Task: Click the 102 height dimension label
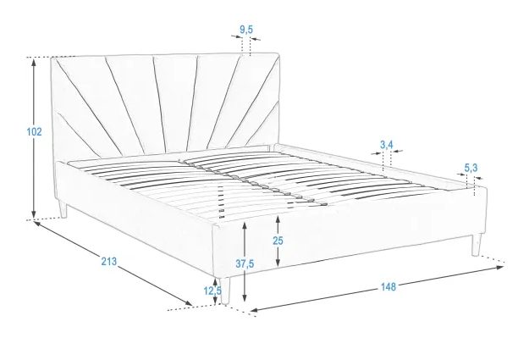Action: coord(34,131)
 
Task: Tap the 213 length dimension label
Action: coord(109,261)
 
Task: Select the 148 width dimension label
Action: coord(388,286)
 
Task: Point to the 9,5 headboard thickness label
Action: coord(246,30)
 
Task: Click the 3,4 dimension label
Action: coord(387,145)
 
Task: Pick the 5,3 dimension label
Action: coord(471,168)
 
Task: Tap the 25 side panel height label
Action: coord(278,241)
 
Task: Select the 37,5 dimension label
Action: coord(245,263)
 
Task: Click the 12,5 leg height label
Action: coord(212,291)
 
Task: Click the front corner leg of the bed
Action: coord(225,291)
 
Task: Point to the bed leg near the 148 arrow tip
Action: coord(476,244)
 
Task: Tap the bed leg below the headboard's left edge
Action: coord(63,209)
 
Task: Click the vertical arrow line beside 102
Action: coord(33,138)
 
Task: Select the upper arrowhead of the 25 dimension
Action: coord(278,219)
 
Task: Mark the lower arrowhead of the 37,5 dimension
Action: coord(245,297)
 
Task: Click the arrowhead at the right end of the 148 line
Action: coord(500,268)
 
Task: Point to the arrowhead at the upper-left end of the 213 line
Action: coord(37,224)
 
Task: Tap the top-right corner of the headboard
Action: coord(278,53)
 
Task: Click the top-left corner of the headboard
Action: coord(52,58)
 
